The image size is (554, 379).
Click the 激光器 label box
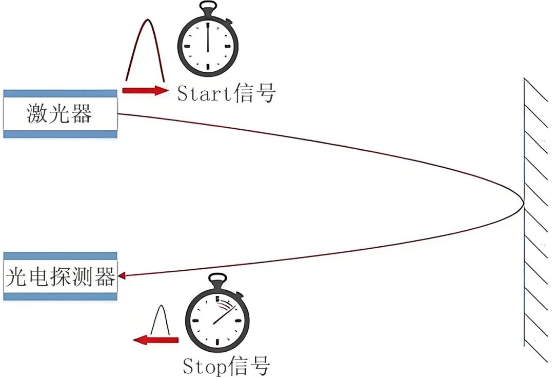(60, 114)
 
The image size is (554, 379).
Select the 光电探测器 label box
(60, 277)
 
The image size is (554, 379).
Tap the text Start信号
(226, 93)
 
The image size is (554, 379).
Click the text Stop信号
(226, 366)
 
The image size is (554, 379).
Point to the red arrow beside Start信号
(145, 91)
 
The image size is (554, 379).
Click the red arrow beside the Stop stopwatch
(156, 340)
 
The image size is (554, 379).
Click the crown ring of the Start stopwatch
(207, 9)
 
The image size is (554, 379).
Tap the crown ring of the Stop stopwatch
(217, 280)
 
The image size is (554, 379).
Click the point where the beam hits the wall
(523, 204)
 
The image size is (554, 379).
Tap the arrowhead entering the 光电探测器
(122, 277)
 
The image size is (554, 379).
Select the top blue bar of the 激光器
(60, 93)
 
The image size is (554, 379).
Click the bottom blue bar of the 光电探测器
(60, 296)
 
